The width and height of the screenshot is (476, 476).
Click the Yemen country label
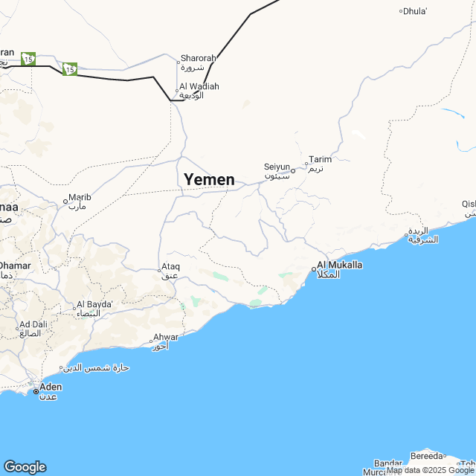(x=209, y=179)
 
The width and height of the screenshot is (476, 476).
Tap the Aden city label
(x=51, y=387)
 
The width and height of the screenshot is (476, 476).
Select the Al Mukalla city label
(x=340, y=265)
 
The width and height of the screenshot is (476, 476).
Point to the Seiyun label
(x=276, y=167)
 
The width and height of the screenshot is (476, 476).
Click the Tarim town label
(x=321, y=159)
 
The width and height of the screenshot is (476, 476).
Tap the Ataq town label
(x=170, y=266)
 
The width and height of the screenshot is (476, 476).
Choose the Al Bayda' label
(x=94, y=304)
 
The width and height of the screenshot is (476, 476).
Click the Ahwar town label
(x=165, y=337)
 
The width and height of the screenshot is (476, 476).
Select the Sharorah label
(x=198, y=58)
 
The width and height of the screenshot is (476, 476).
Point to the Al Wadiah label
(x=199, y=86)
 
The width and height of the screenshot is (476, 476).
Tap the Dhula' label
(x=416, y=10)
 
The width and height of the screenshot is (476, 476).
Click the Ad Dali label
(x=34, y=324)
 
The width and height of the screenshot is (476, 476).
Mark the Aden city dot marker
(x=35, y=390)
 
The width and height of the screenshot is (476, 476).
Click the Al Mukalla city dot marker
(x=313, y=269)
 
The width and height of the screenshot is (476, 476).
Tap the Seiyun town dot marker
(x=293, y=171)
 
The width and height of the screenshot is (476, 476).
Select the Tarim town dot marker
(x=306, y=163)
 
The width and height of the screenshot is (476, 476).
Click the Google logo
(x=25, y=466)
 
